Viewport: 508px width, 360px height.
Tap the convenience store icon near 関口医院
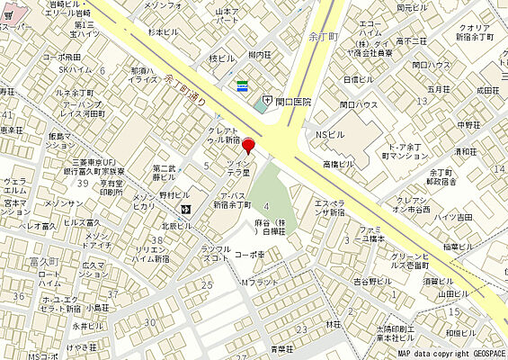(242, 85)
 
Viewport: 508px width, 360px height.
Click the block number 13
(422, 101)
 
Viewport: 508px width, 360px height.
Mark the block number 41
(8, 116)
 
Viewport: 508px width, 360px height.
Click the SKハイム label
(76, 69)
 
